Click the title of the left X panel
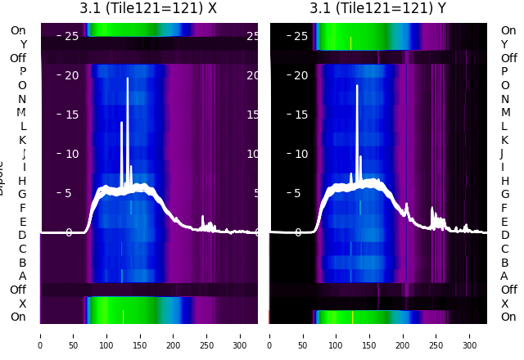coord(148,8)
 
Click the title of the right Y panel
coord(377,8)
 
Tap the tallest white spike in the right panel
coord(357,86)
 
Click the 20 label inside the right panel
coord(300,75)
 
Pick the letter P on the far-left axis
coord(22,72)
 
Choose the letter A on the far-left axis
coord(22,276)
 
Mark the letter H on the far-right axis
coord(505,181)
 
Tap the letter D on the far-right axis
coord(505,236)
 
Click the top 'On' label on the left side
coord(18,31)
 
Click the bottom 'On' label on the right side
coord(508,317)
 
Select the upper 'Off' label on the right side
coord(509,58)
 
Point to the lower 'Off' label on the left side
coord(18,290)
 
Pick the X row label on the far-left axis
coord(22,304)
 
